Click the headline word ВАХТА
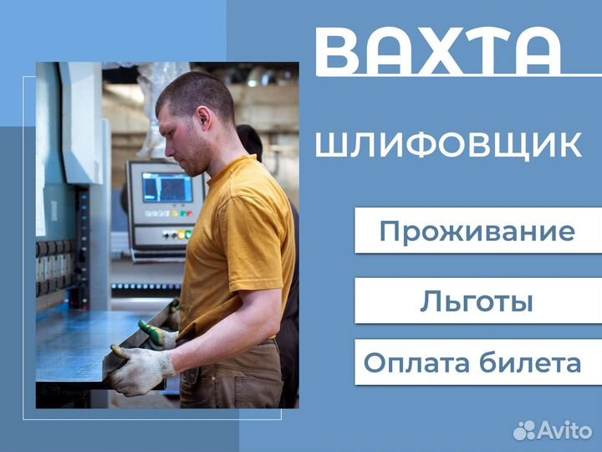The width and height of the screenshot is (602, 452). tap(438, 52)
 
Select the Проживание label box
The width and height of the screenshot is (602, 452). tap(477, 231)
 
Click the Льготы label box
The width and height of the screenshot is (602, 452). tap(477, 300)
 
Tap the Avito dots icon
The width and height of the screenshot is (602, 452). tap(524, 430)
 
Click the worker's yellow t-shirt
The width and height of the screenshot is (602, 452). tap(238, 243)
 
